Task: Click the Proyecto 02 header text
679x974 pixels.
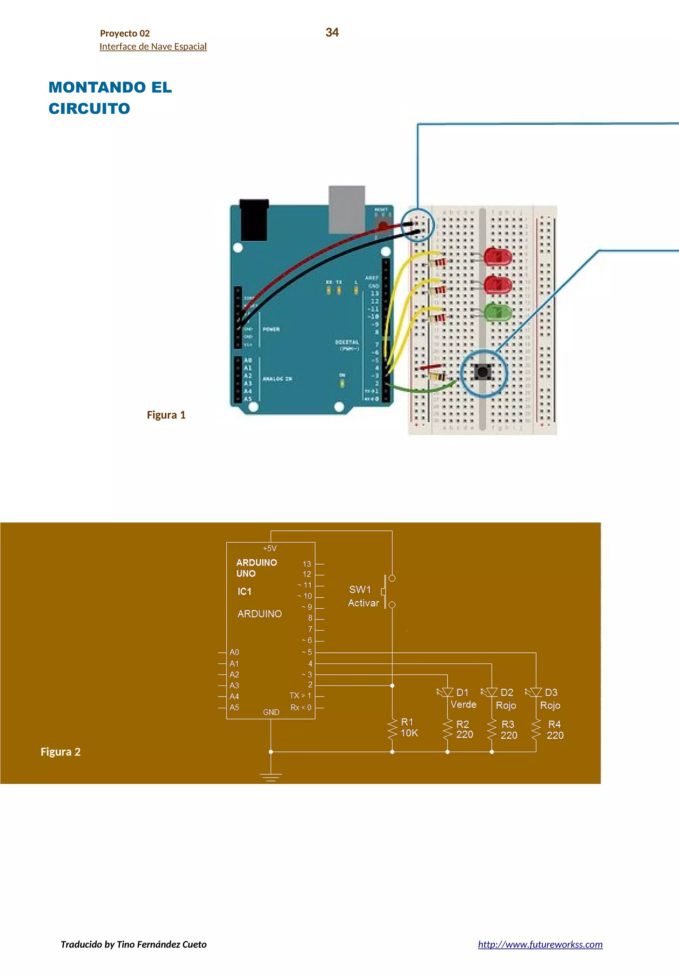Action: pyautogui.click(x=125, y=33)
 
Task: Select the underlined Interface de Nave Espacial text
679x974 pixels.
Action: pyautogui.click(x=153, y=47)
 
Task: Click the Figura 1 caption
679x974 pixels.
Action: pyautogui.click(x=166, y=415)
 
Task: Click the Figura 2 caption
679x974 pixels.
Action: pyautogui.click(x=60, y=752)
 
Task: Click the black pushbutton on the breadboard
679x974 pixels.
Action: pyautogui.click(x=482, y=372)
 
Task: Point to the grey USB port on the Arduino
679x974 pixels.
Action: pyautogui.click(x=347, y=209)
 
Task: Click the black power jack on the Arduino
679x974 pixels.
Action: pyautogui.click(x=254, y=220)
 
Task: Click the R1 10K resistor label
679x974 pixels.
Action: pyautogui.click(x=409, y=728)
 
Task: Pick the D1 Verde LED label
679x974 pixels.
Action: pyautogui.click(x=463, y=698)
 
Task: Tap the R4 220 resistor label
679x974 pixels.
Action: pyautogui.click(x=555, y=730)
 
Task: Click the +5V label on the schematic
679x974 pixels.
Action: pyautogui.click(x=270, y=549)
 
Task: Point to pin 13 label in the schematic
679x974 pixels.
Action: pyautogui.click(x=306, y=564)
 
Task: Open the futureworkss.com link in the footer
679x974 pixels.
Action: pyautogui.click(x=540, y=944)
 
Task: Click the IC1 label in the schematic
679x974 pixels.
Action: pyautogui.click(x=244, y=591)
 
